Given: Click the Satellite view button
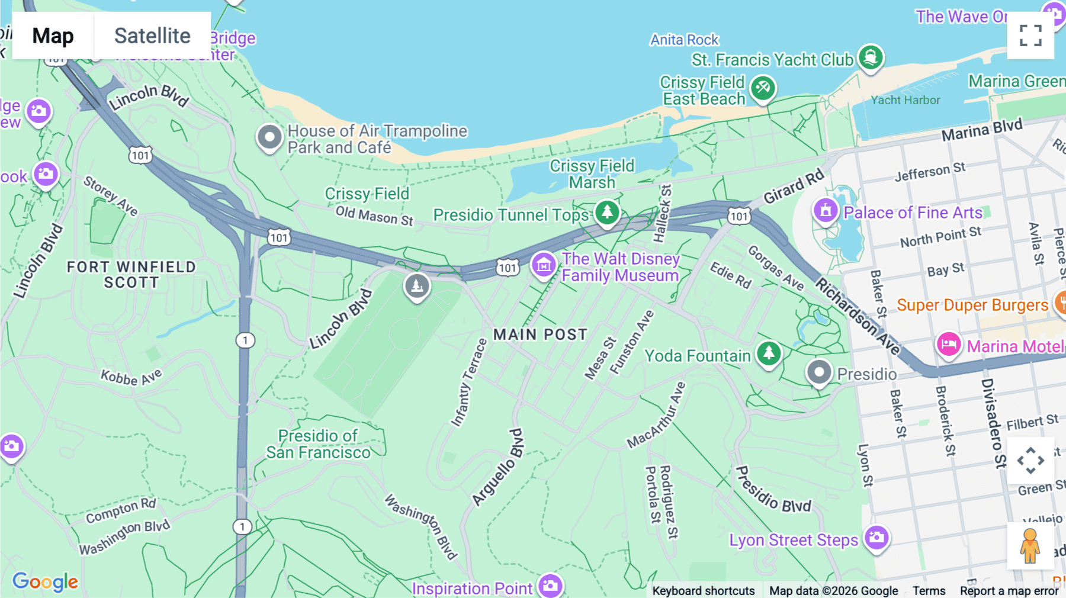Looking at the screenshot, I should [x=152, y=36].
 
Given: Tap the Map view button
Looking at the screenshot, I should [x=53, y=36].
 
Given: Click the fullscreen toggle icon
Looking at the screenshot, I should [x=1030, y=36].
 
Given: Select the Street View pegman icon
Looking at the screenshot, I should [x=1030, y=545].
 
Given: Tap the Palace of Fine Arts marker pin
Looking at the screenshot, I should [x=825, y=210].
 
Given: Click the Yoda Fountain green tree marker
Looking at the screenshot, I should [x=769, y=353].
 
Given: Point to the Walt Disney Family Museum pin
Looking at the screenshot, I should [x=543, y=265].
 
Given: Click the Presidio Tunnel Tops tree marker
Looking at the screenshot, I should [x=607, y=213].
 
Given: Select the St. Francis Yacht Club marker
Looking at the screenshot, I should [x=870, y=57].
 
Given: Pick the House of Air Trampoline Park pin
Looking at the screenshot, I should [x=269, y=137].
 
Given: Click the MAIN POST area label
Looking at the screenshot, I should [x=540, y=335].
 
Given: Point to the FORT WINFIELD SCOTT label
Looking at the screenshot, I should [x=131, y=275].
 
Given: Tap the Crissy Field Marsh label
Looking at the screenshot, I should [x=592, y=174].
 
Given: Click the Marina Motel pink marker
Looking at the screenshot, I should [x=948, y=345].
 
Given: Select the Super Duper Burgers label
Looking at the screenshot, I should [x=972, y=305].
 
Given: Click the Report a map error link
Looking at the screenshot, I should [x=1009, y=591].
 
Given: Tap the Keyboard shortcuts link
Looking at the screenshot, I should [x=703, y=591].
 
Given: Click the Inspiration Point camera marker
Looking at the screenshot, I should [x=550, y=586].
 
